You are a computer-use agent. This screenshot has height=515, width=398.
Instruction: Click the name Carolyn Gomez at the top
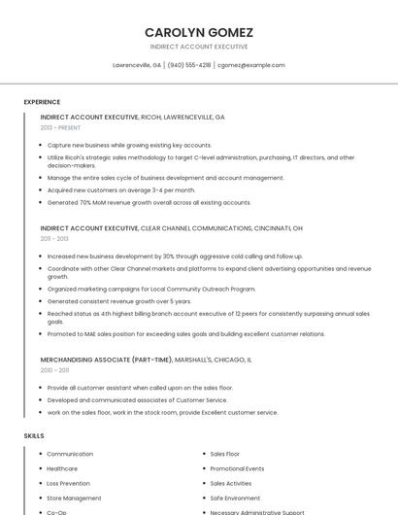(x=198, y=31)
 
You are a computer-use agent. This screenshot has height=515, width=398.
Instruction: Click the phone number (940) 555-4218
(x=188, y=65)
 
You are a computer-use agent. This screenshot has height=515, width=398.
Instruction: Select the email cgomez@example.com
(x=251, y=65)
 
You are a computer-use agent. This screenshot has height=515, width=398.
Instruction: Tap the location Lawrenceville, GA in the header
(x=137, y=65)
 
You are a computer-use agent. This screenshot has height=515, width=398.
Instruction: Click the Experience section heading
(x=42, y=102)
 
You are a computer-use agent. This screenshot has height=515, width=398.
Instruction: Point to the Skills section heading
(x=34, y=436)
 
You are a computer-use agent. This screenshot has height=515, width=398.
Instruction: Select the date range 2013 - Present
(x=60, y=127)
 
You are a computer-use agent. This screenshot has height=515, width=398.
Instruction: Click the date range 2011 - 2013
(x=54, y=238)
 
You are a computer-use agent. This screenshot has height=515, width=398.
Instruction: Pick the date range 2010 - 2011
(x=54, y=369)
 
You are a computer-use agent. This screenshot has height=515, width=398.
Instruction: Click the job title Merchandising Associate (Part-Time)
(x=107, y=360)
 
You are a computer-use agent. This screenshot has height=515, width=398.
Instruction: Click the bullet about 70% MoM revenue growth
(x=149, y=203)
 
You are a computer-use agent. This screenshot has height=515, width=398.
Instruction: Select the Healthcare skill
(x=62, y=468)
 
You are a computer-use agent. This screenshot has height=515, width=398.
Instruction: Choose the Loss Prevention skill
(x=68, y=483)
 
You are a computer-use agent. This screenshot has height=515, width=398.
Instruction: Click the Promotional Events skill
(x=237, y=468)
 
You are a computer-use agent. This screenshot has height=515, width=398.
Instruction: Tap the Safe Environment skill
(x=235, y=498)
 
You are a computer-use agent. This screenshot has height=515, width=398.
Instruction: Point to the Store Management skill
(x=74, y=498)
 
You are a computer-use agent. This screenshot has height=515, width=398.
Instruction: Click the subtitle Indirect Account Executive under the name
(x=198, y=47)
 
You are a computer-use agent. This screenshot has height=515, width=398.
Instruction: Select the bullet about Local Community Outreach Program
(x=151, y=289)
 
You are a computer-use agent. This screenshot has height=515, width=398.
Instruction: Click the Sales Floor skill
(x=224, y=454)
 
